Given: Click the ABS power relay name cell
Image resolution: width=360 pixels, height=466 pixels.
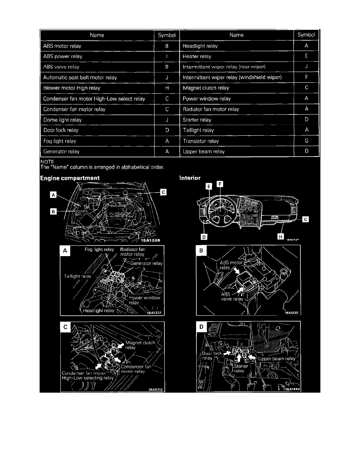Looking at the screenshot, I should click(63, 56).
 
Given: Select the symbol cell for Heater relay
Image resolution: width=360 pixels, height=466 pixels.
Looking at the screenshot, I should click(306, 56).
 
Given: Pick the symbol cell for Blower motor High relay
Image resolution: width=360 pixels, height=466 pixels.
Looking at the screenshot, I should click(167, 88).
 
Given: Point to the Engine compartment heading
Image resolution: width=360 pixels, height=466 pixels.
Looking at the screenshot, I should click(70, 178).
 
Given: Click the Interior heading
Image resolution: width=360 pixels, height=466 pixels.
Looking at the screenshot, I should click(190, 178).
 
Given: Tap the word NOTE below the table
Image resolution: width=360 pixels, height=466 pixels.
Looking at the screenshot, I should click(47, 161).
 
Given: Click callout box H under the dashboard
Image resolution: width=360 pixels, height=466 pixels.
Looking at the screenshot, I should click(281, 237).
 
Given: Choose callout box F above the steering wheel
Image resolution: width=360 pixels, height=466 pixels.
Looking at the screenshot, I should click(220, 184).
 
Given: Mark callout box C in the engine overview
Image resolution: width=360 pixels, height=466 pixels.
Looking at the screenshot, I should click(163, 192).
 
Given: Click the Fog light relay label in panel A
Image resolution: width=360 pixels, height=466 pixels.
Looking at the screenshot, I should click(99, 249).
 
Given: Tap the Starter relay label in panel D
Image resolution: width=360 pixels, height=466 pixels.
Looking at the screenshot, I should click(239, 368).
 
